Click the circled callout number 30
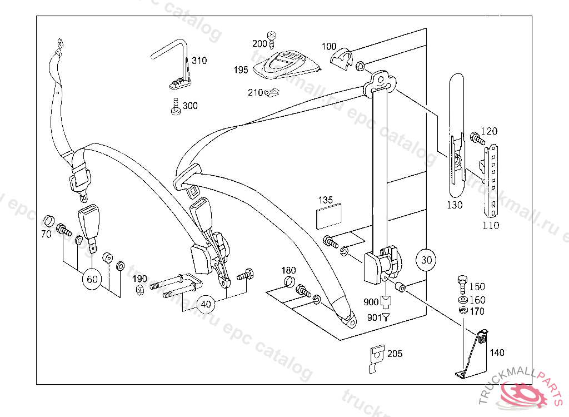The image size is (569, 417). point(426,259)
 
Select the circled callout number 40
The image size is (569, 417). point(206,304)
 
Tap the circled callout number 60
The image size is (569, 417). point(92,279)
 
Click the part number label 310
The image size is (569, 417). point(199,61)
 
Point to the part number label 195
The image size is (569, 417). point(241,70)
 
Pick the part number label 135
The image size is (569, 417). point(326,200)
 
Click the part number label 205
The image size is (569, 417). point(395,354)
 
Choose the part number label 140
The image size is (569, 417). point(497,353)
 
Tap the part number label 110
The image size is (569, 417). point(491,226)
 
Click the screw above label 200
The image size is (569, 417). point(272,37)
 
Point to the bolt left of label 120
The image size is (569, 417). point(476,137)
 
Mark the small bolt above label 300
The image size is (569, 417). point(176,106)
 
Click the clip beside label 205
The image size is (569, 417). point(376,358)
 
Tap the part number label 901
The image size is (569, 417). point(375,317)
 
